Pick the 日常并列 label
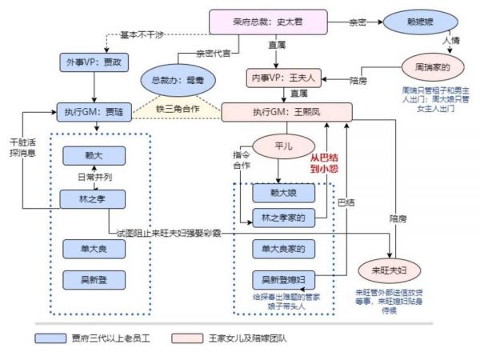point(94,177)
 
